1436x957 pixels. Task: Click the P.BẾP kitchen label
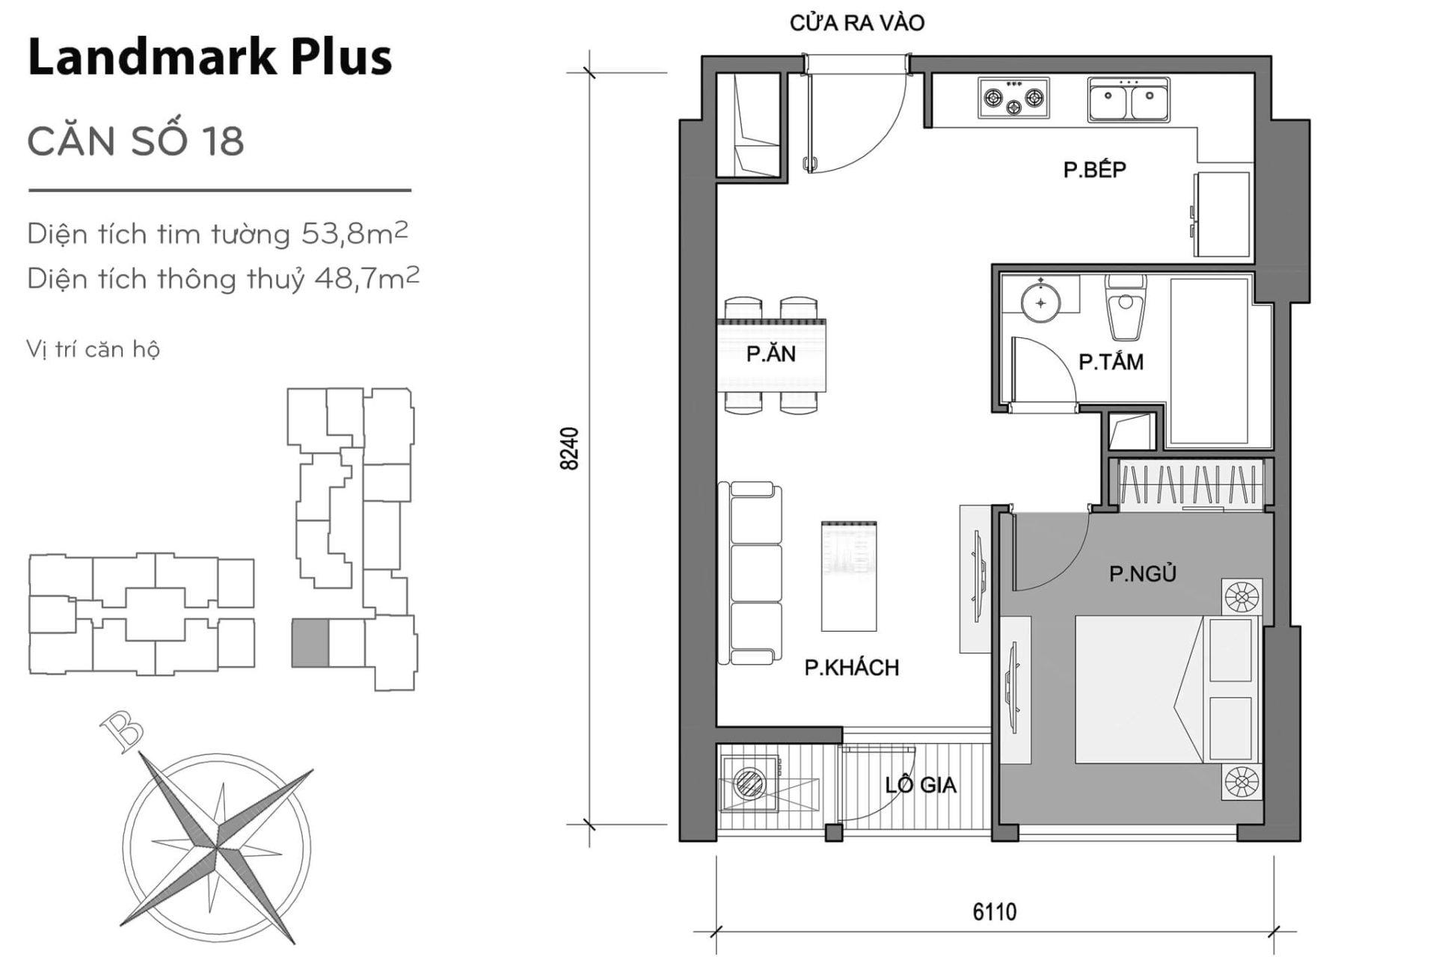1094,170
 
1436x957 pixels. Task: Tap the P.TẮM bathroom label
1111,363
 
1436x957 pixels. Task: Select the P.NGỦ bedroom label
1142,573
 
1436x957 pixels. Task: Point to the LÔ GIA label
920,784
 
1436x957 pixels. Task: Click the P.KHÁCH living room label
851,668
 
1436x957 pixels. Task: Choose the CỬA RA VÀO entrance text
856,23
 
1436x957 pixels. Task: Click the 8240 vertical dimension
570,449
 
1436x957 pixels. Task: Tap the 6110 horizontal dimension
994,912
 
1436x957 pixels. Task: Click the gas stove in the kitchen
1013,98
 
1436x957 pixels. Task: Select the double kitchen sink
1129,100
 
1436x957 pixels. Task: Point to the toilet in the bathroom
1123,308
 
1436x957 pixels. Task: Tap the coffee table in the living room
848,576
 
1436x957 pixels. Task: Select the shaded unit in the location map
310,643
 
